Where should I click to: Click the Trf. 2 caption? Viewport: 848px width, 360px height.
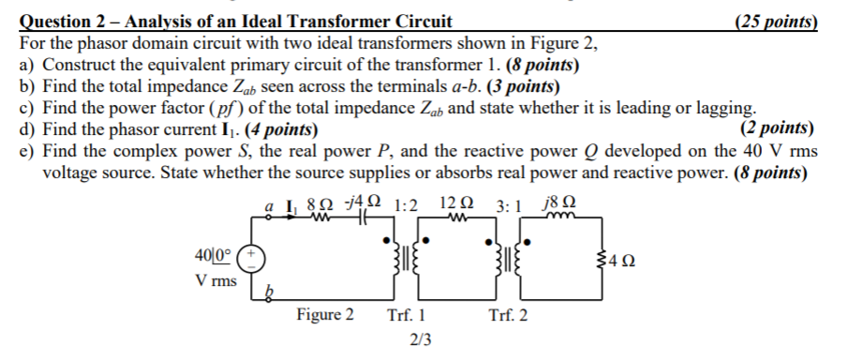click(x=508, y=315)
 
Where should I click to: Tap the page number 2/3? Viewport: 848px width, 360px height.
click(x=421, y=339)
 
